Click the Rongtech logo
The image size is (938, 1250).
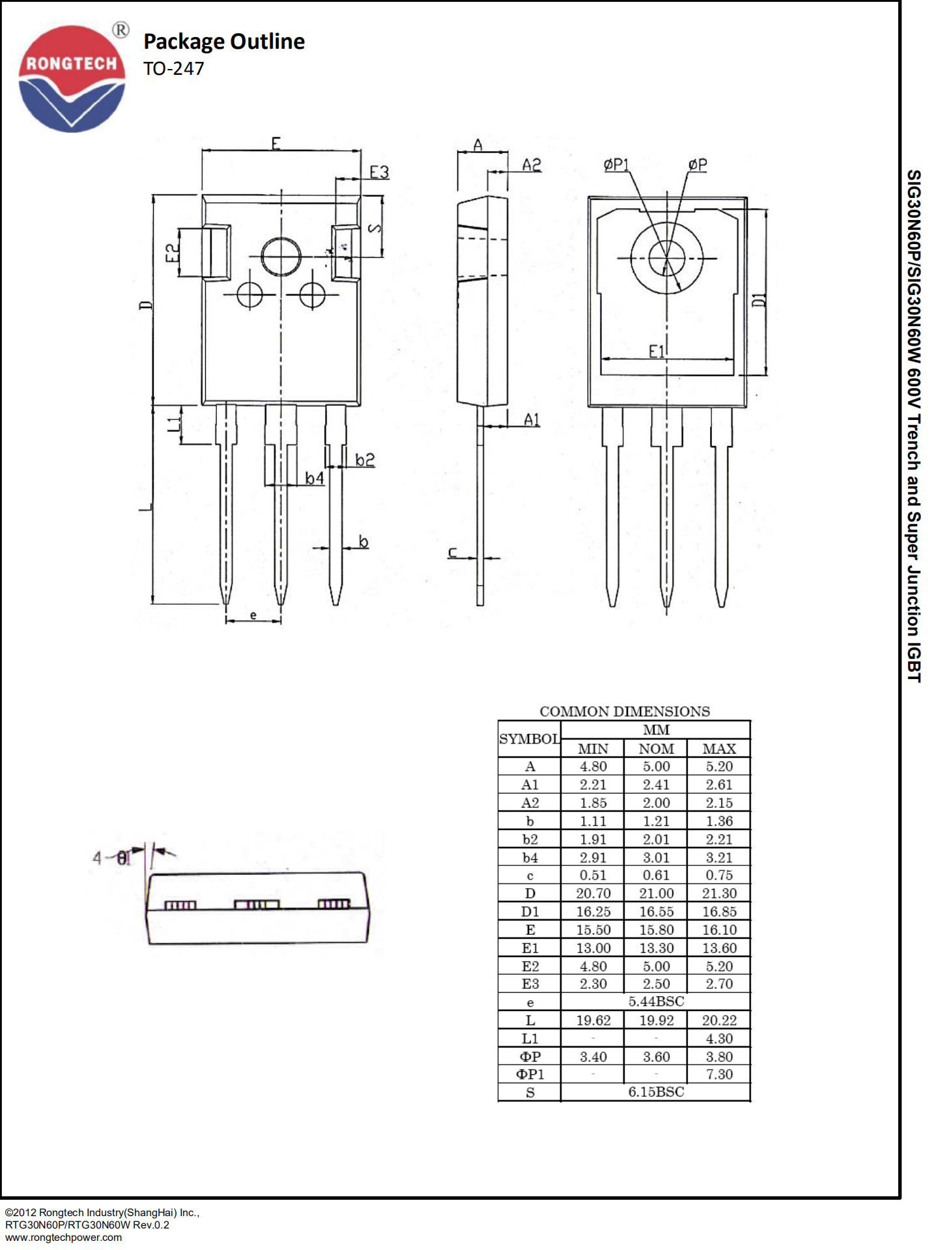click(72, 78)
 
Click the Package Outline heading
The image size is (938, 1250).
click(223, 42)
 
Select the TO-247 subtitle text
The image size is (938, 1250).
click(173, 68)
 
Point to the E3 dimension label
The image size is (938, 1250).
click(379, 172)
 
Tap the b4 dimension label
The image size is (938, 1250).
click(315, 479)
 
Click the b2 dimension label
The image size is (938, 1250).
click(365, 460)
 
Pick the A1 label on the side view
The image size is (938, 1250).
click(532, 420)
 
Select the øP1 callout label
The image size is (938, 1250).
click(616, 165)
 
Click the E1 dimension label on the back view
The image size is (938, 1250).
click(657, 352)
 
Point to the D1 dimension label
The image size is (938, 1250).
click(759, 300)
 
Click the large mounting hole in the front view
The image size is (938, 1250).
click(281, 257)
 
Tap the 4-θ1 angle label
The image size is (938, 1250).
click(111, 858)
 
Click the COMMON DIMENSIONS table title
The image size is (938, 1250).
click(624, 712)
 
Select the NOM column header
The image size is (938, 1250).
click(656, 749)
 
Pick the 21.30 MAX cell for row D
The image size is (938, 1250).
click(719, 893)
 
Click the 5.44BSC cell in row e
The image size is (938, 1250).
click(656, 1001)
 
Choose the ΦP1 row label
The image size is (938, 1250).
click(530, 1074)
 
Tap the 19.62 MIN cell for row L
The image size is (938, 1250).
click(593, 1020)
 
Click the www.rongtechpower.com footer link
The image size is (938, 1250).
click(63, 1238)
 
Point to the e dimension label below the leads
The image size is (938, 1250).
click(253, 615)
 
